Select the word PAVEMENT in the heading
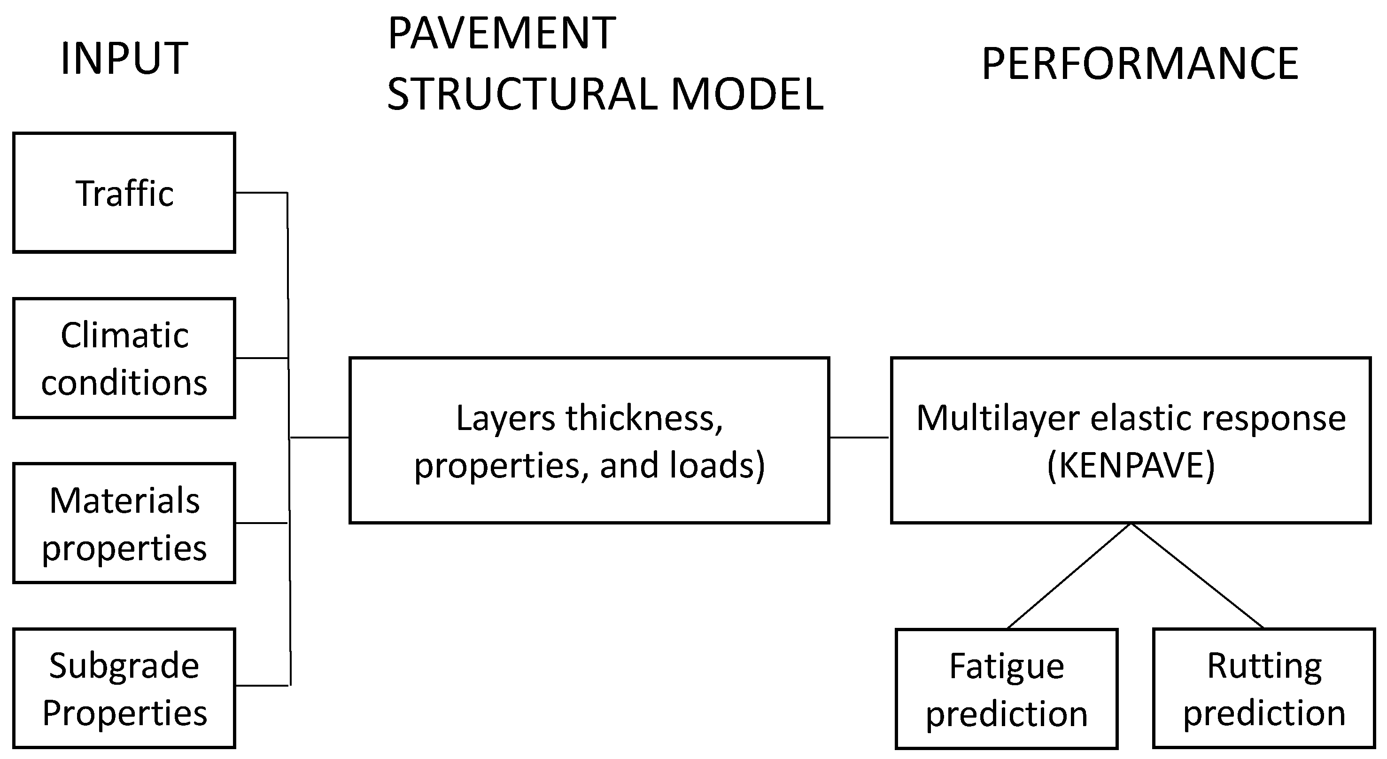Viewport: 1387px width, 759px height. click(501, 33)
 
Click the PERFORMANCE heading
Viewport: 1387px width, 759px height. click(1140, 63)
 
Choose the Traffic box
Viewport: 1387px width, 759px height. click(124, 193)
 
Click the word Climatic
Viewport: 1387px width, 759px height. click(124, 335)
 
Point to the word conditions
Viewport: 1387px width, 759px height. click(124, 383)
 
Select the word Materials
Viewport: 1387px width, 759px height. click(124, 501)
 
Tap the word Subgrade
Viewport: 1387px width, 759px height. click(124, 666)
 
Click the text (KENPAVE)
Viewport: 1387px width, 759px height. click(1131, 465)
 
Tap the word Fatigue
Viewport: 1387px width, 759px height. click(1007, 666)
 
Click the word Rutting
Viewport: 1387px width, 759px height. click(1264, 666)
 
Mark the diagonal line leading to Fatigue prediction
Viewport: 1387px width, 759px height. click(1069, 576)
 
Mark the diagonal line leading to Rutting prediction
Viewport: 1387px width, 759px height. click(1197, 576)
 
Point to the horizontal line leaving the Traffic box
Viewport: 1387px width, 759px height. click(261, 192)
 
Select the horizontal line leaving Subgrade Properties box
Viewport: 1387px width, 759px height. click(263, 685)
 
